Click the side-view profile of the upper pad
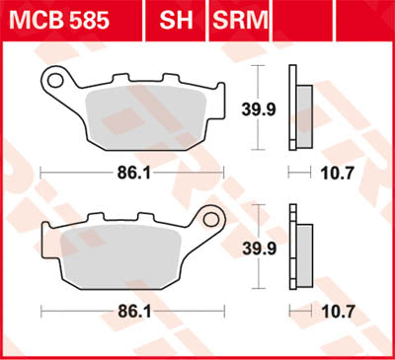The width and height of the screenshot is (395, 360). [293, 107]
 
